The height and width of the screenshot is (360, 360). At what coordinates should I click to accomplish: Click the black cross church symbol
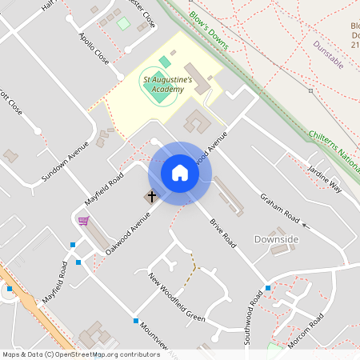(x=151, y=196)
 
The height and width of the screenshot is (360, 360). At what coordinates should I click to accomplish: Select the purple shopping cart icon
(x=83, y=220)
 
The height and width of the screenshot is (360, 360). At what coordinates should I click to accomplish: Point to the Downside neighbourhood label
(x=276, y=239)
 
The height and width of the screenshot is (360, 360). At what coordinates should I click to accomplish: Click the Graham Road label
(x=279, y=208)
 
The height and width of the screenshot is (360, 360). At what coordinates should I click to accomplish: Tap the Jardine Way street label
(x=325, y=178)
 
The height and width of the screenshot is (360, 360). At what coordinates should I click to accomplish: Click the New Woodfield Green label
(x=177, y=297)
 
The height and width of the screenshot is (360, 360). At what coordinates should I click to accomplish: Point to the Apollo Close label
(x=94, y=49)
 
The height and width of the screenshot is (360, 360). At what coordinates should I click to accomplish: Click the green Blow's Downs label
(x=210, y=30)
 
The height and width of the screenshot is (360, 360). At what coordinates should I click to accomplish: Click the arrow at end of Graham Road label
(x=306, y=228)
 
